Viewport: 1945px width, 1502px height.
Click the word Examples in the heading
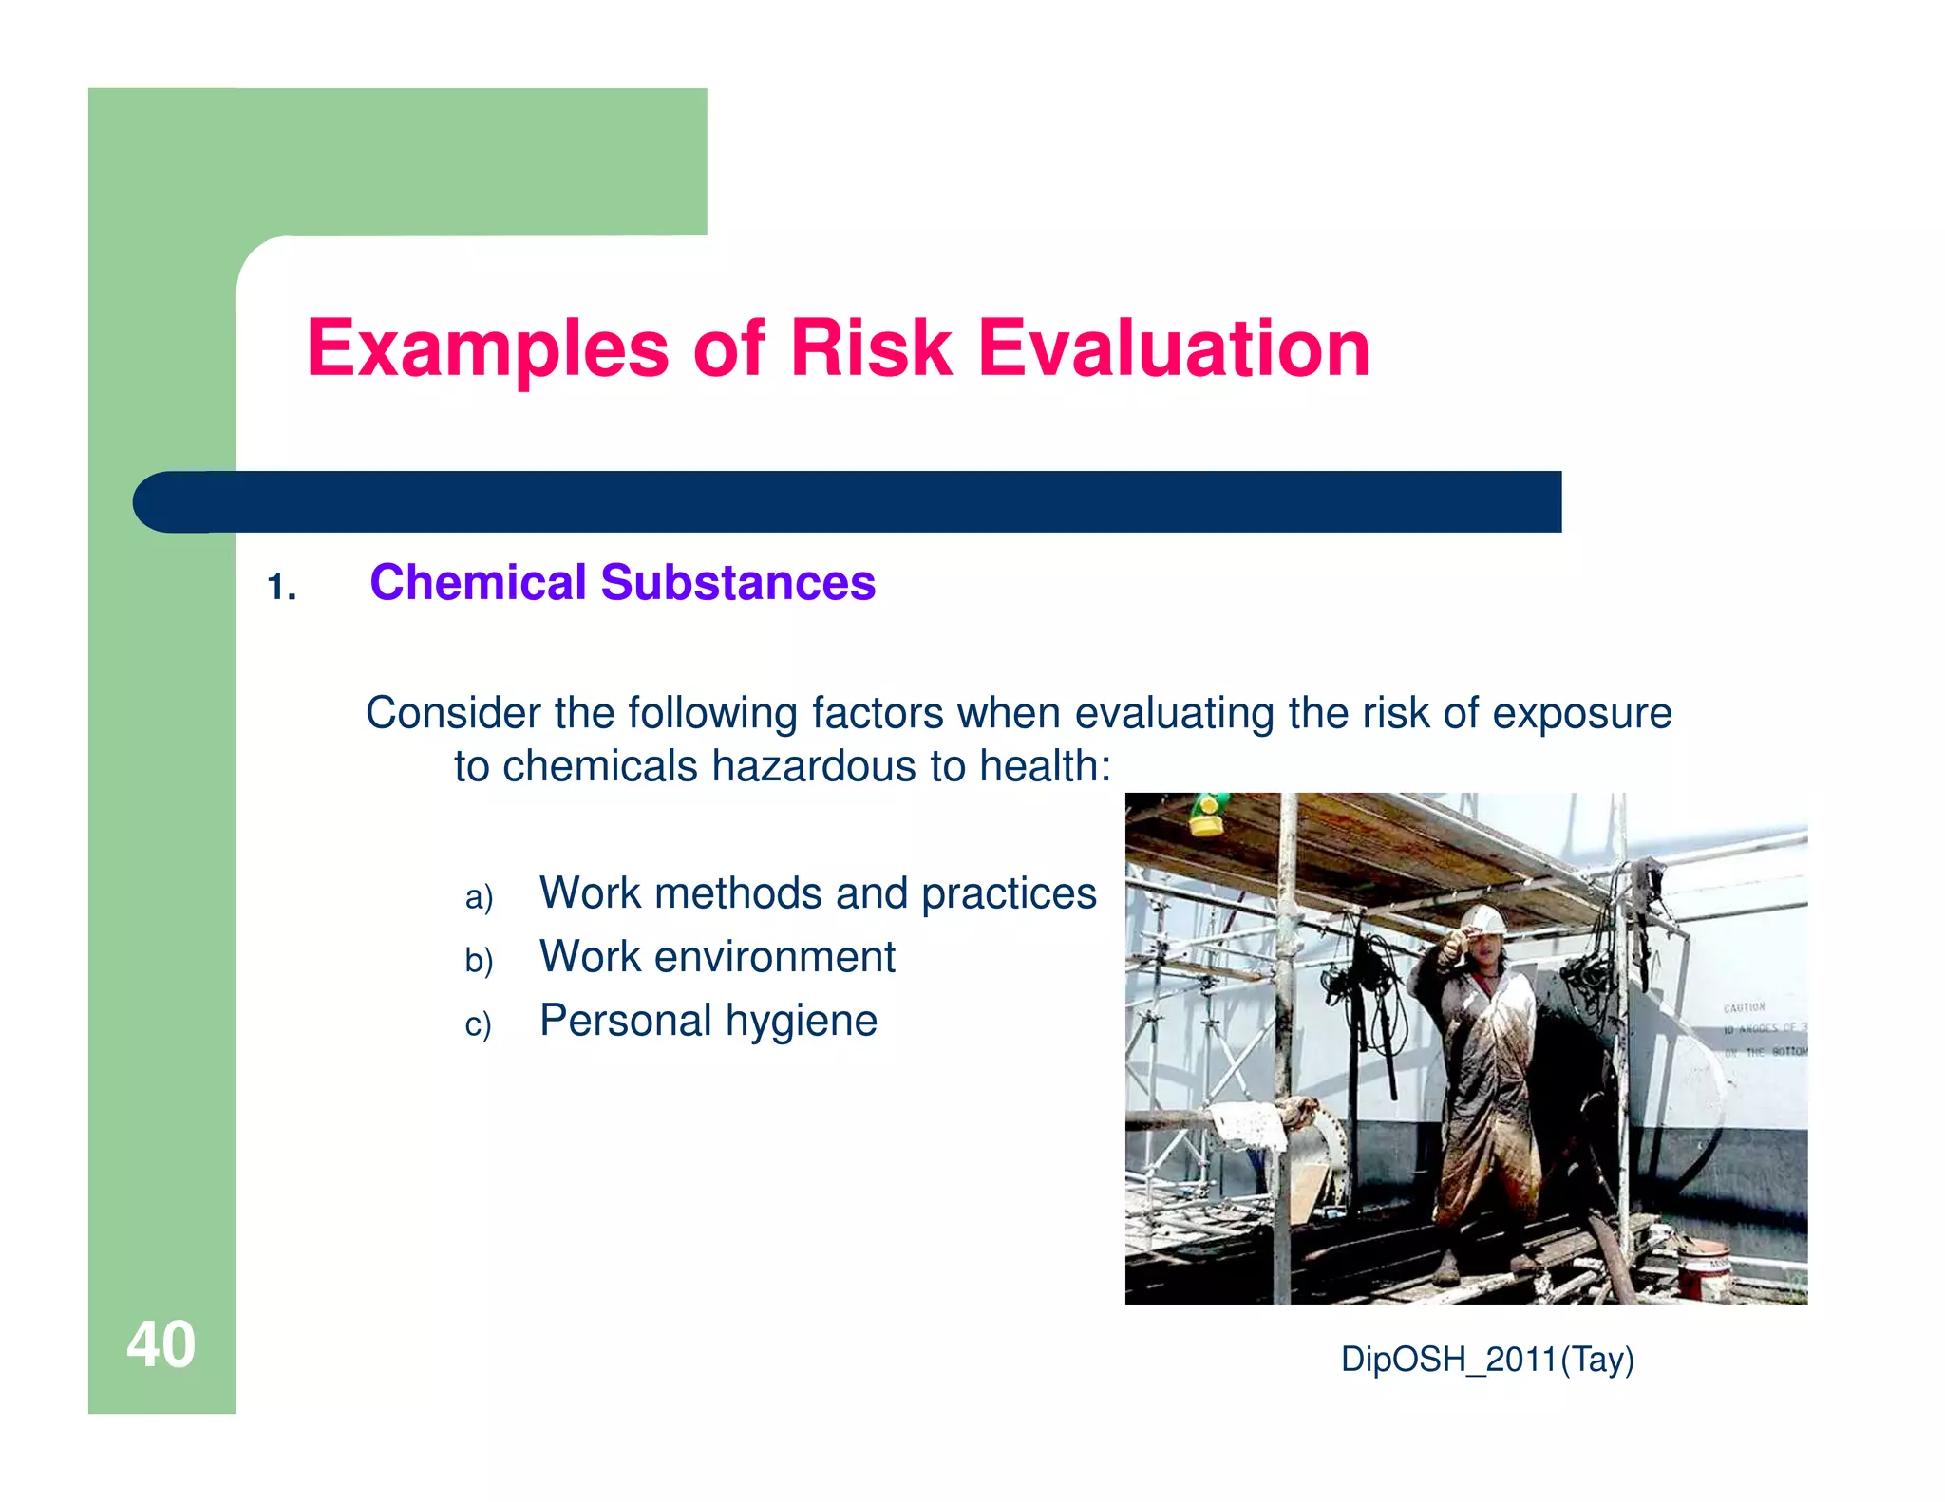(x=487, y=351)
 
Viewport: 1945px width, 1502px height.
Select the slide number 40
(x=161, y=1344)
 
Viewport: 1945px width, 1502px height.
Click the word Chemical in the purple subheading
(x=478, y=582)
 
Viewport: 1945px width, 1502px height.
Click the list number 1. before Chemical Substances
(x=281, y=588)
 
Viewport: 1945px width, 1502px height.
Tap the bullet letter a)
(x=479, y=897)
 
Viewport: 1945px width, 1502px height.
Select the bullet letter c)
(x=478, y=1024)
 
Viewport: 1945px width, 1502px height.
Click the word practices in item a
(x=1008, y=893)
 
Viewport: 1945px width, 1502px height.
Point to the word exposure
(x=1581, y=713)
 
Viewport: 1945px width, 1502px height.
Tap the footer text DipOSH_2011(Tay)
(x=1486, y=1360)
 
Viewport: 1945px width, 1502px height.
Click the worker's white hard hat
(x=1481, y=919)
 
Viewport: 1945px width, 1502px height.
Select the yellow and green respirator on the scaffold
(x=1208, y=816)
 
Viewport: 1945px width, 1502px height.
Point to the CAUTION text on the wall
(x=1744, y=1007)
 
